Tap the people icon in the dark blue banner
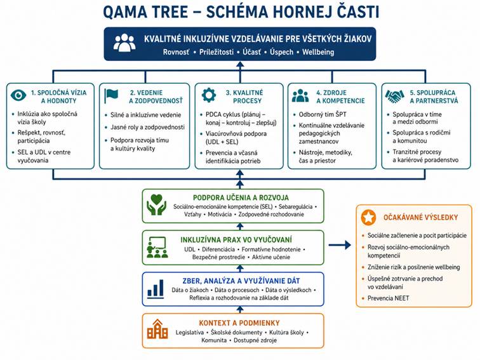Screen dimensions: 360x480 (124, 43)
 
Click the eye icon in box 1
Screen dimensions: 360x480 (20, 95)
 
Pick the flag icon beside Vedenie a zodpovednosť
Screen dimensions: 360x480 (112, 95)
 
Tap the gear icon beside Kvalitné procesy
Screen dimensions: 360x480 (206, 95)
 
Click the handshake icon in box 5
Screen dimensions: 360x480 (394, 95)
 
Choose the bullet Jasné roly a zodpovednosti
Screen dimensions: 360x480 (143, 126)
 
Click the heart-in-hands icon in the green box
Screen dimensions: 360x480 (156, 204)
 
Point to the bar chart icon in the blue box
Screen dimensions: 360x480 (156, 289)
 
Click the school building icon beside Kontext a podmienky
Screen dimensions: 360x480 (156, 330)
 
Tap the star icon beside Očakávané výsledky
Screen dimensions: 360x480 (368, 218)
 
